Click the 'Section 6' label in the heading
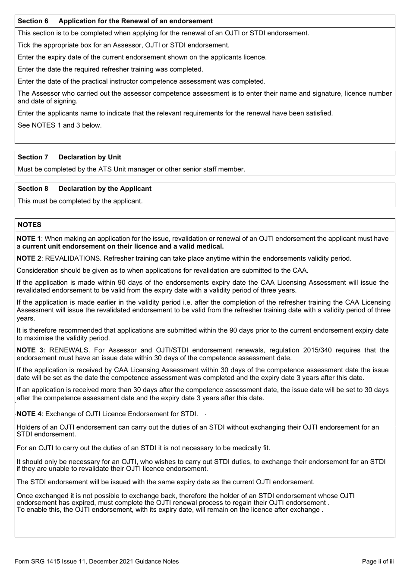(x=33, y=21)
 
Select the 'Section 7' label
(x=33, y=157)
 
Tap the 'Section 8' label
(x=33, y=189)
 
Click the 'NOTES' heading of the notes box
(x=29, y=225)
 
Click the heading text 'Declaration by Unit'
(x=90, y=157)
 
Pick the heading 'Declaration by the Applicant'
(x=105, y=189)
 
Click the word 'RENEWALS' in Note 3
(x=68, y=350)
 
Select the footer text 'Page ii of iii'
(x=378, y=561)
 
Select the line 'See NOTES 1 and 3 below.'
(x=60, y=125)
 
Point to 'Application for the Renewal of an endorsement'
(x=136, y=21)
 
